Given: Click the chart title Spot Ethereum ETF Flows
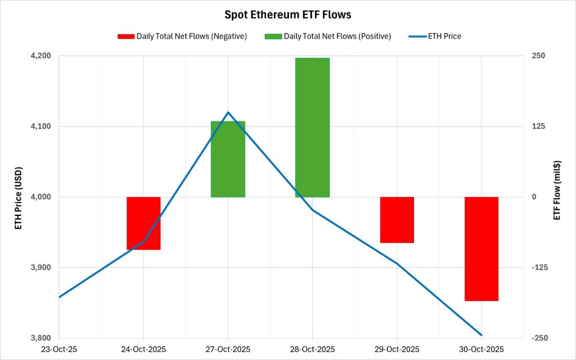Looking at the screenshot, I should click(287, 15).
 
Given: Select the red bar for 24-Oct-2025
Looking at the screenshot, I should click(143, 223).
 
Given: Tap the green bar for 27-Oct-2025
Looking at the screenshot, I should click(228, 159).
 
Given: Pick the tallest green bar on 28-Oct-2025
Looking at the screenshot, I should click(312, 127).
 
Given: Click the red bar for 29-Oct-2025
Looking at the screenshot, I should click(397, 220).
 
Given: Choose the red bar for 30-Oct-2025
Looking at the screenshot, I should click(481, 249).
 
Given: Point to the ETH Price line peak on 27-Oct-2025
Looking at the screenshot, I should click(228, 112).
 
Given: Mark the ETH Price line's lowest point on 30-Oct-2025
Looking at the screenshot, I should click(481, 335).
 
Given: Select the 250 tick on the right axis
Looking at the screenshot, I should click(530, 56).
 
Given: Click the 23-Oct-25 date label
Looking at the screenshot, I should click(59, 349).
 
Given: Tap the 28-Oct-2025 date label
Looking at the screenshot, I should click(312, 349).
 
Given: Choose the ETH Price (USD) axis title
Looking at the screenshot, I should click(19, 197).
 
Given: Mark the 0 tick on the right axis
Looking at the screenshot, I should click(527, 197).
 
